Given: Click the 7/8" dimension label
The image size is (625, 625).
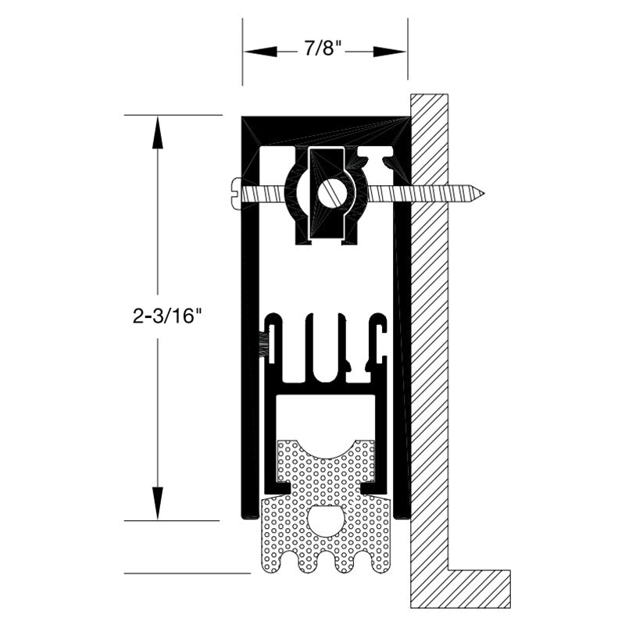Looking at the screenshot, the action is coord(323,48).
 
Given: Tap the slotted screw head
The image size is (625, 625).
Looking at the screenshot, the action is coord(237,193).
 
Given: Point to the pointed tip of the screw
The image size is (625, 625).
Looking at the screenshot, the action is coord(484,194).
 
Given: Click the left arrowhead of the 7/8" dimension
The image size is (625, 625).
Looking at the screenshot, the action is coord(260,52).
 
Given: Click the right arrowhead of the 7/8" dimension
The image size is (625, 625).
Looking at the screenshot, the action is coord(389,52).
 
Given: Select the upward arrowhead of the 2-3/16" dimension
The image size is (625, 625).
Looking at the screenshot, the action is coord(158,132).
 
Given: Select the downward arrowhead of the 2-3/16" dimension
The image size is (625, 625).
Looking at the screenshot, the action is coord(158,503).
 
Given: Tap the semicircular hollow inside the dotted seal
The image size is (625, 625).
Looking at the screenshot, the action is coord(326,520).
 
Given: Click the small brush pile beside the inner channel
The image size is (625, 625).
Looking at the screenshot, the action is coord(263,345).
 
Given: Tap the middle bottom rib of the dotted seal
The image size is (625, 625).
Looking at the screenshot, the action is coord(326,562).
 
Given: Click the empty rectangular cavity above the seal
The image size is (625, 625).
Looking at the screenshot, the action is coord(326,417).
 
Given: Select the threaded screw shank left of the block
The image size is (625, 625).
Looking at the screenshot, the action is coord(264,194).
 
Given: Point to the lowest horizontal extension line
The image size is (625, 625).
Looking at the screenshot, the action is coord(187,573).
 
